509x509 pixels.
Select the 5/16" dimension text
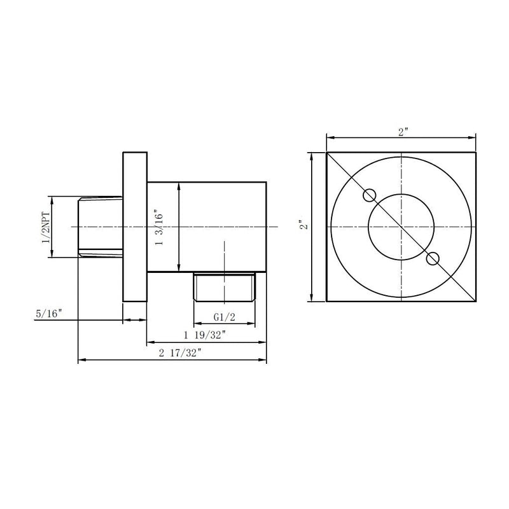[49, 313]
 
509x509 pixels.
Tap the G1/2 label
[223, 316]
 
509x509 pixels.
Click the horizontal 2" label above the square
[403, 132]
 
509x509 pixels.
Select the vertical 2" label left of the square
[305, 226]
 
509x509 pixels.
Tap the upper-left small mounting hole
[368, 195]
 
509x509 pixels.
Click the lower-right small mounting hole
[433, 258]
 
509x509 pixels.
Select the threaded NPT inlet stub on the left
[100, 227]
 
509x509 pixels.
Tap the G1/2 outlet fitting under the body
[223, 287]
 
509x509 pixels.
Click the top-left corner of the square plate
[326, 153]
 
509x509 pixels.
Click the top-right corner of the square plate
[476, 153]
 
